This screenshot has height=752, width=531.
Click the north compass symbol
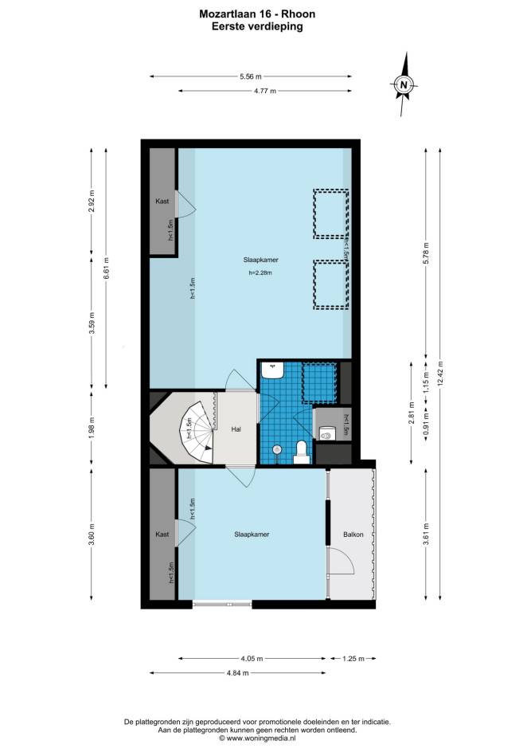[404, 84]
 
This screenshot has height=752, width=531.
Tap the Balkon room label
[353, 535]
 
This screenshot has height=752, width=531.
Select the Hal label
[236, 429]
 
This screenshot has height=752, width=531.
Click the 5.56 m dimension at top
[251, 76]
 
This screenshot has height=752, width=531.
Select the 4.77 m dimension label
[265, 91]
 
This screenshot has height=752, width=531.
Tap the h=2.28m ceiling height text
[260, 273]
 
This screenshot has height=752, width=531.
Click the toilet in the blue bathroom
[302, 452]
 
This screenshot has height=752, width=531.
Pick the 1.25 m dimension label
[353, 659]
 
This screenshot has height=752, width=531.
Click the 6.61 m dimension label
[106, 268]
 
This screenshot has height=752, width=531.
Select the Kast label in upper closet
[162, 202]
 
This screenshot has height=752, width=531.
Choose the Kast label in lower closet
[162, 535]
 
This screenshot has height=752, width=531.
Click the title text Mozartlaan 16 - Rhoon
[257, 14]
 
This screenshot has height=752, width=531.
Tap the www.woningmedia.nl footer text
[260, 739]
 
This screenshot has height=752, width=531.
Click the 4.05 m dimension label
[252, 659]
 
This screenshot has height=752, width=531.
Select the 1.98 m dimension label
[92, 427]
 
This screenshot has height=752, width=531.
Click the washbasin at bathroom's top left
[273, 370]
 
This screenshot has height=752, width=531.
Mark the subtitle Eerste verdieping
[257, 26]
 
